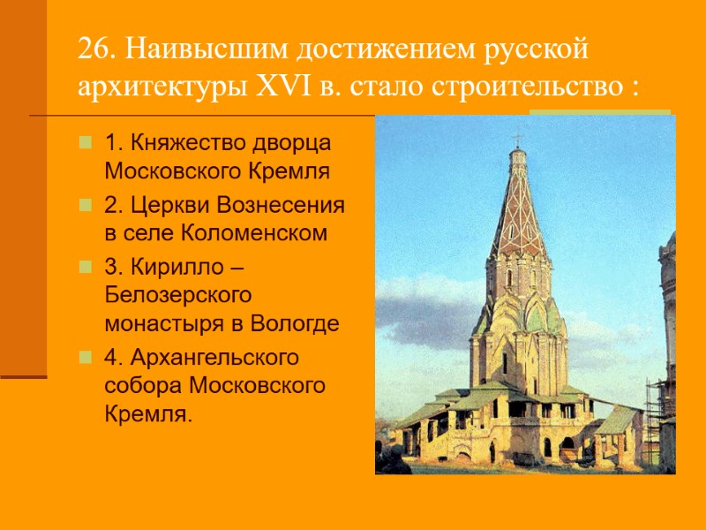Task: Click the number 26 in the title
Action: pyautogui.click(x=92, y=51)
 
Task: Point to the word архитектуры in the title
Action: pyautogui.click(x=161, y=89)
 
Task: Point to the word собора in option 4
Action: pyautogui.click(x=140, y=388)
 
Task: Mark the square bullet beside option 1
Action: pyautogui.click(x=85, y=142)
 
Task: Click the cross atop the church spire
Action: pyautogui.click(x=518, y=139)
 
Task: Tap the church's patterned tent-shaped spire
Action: pyautogui.click(x=518, y=212)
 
